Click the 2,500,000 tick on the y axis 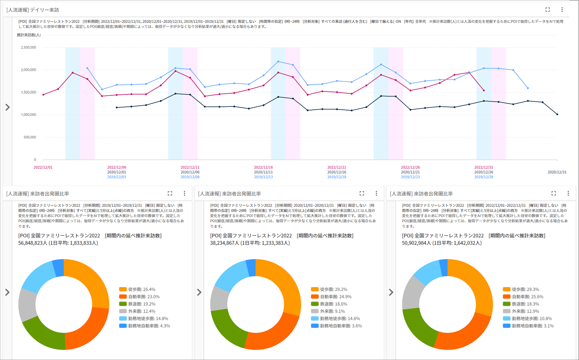point(28,47)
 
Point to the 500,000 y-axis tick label point(30,137)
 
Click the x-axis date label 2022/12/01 point(43,167)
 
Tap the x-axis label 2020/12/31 point(557,172)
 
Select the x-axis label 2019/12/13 point(263,177)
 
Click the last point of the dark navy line point(557,114)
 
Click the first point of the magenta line point(43,95)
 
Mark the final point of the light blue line point(528,88)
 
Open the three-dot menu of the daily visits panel point(562,10)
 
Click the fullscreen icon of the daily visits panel point(548,10)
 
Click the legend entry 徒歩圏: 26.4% point(138,289)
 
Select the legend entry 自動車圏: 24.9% point(331,297)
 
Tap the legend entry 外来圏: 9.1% point(328,311)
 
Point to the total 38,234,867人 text point(224,243)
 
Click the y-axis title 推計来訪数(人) point(29,35)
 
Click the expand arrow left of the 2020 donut point(199,292)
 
